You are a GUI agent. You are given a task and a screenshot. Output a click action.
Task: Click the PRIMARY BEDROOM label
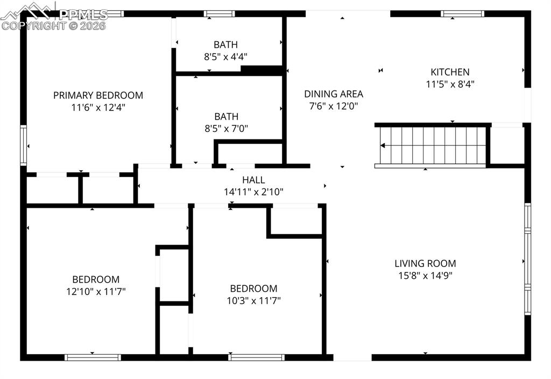point(98,95)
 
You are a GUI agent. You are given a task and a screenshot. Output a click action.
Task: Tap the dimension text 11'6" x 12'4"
point(98,107)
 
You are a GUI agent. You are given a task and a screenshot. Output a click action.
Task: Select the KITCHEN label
point(450,72)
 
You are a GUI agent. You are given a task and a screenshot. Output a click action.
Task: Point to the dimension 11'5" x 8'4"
point(450,84)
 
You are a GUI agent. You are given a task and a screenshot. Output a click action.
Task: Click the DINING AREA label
point(334,94)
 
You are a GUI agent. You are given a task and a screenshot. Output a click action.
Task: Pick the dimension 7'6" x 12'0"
point(334,107)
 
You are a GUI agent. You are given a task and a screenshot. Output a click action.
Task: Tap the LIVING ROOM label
point(425,263)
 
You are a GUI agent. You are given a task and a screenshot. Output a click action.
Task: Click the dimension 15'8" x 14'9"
point(425,276)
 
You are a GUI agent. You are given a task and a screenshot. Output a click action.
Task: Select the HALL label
point(253,180)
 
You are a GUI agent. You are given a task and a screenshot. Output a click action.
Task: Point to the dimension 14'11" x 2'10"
point(253,192)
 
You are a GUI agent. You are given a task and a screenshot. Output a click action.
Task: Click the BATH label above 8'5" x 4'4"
point(225,45)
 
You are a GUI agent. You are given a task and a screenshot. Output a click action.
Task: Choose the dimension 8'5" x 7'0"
point(225,129)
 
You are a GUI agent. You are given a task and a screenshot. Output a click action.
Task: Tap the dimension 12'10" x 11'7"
point(96,292)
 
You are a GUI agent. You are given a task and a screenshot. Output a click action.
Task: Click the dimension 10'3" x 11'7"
point(253,300)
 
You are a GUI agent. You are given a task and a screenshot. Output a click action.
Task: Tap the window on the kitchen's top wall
point(462,14)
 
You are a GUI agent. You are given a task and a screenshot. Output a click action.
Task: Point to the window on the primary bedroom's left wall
point(23,145)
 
